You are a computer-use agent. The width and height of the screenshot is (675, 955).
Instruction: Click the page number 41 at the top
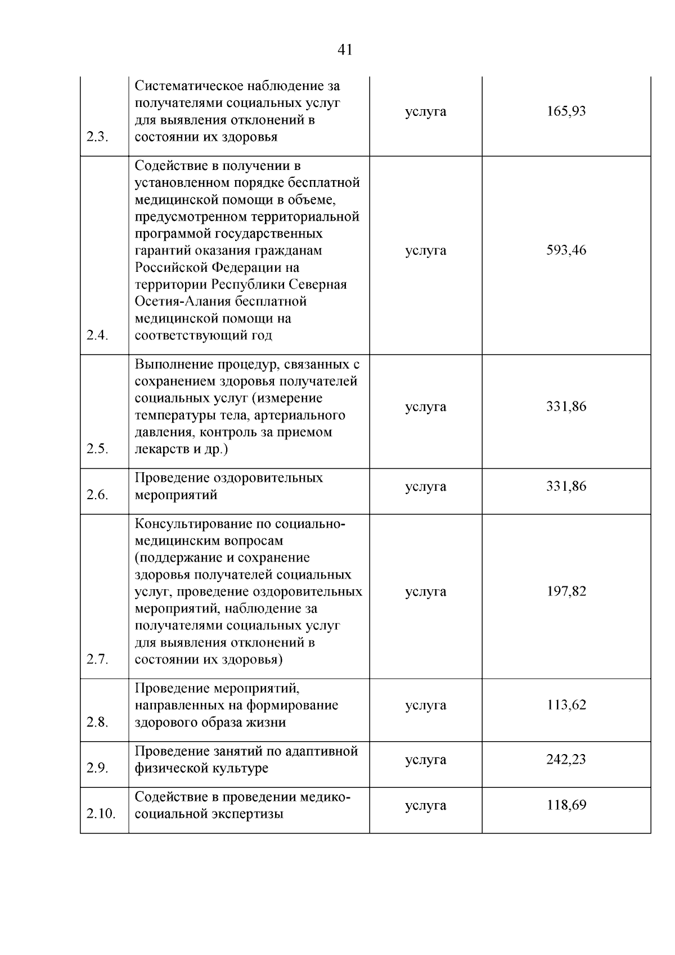(x=345, y=50)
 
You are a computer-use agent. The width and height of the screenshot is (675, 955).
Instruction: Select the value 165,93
(x=566, y=111)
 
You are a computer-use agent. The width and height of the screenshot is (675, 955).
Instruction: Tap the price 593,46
(x=566, y=250)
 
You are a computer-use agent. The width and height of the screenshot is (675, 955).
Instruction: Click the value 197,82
(x=566, y=591)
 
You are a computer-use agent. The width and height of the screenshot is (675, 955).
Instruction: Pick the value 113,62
(x=566, y=705)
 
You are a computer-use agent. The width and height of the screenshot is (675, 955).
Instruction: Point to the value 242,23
(x=566, y=760)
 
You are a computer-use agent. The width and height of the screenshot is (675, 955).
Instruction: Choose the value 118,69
(x=566, y=805)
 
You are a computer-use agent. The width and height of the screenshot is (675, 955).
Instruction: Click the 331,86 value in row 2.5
(x=566, y=407)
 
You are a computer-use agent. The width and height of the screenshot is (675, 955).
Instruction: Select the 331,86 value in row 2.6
(x=566, y=486)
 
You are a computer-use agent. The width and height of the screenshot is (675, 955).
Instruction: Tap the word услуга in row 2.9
(x=425, y=760)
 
